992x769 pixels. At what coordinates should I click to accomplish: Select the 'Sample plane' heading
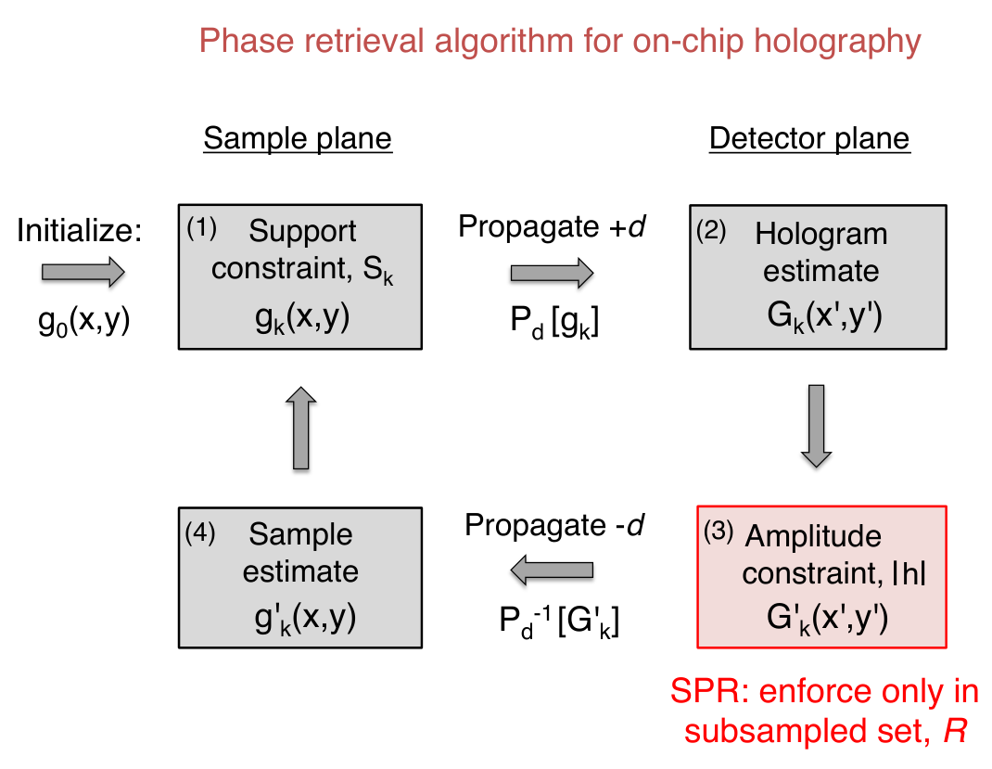298,138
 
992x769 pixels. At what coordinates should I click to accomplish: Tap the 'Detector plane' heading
809,138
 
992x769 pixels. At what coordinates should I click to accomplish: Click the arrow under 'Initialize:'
83,272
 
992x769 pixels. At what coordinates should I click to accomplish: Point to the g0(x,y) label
84,320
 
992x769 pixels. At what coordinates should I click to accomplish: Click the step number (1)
202,228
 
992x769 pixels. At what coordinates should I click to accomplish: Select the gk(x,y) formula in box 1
302,318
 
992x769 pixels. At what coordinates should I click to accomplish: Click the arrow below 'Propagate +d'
552,273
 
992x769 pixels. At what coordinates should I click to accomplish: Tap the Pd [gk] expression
554,322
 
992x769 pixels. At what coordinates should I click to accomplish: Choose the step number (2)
711,230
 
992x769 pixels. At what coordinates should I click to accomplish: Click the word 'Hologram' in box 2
821,234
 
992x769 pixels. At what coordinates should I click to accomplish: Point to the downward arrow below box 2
816,426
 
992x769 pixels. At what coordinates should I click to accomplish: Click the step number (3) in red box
719,532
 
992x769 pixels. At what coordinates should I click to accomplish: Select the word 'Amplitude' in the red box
814,537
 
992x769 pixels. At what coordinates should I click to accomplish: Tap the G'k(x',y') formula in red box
828,618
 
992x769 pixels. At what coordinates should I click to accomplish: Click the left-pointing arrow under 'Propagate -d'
552,570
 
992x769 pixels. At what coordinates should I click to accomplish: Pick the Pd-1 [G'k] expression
559,621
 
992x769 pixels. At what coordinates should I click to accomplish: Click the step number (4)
200,533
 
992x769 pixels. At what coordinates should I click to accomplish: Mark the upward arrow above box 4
301,428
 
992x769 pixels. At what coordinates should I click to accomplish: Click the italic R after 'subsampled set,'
955,731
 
